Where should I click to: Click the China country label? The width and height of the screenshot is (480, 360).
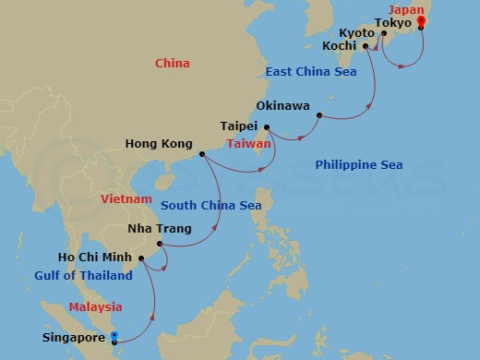coord(173,64)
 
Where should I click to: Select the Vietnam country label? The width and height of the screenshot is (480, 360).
coord(126,198)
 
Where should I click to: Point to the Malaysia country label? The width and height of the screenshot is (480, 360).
coord(95,306)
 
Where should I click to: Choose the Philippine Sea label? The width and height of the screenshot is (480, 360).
coord(359,164)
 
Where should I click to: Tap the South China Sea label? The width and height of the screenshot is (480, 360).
coord(211,205)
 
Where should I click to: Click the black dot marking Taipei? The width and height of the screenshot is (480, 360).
coord(267,127)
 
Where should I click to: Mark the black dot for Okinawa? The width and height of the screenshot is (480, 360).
coord(318,116)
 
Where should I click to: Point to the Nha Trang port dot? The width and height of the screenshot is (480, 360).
coord(160,245)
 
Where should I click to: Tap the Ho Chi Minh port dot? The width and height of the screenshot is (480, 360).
coord(140,258)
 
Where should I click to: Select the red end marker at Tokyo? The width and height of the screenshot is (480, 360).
coord(420,21)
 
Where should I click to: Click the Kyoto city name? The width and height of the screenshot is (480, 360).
coord(356,33)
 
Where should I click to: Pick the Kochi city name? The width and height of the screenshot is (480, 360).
coord(339,44)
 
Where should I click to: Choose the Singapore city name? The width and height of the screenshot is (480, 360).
coord(74,338)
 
